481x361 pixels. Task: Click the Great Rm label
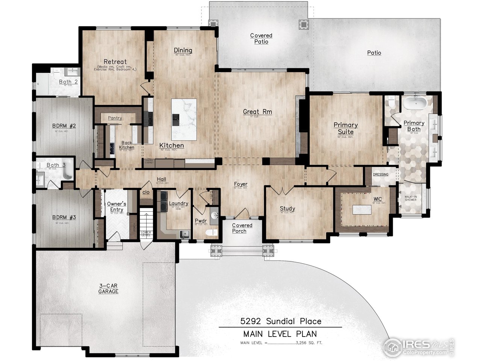point(257,112)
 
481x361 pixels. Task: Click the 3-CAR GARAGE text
point(108,289)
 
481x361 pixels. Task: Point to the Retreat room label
point(115,62)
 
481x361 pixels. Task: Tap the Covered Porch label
point(242,228)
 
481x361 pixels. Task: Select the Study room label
point(287,209)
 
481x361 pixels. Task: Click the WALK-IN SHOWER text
point(410,198)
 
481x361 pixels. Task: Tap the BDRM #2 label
point(64,126)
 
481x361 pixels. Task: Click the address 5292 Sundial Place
point(281,321)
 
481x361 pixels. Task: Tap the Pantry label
point(115,118)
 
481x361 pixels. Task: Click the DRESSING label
point(381,174)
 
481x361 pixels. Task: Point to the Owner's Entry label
point(117,206)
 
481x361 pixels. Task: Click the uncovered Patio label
point(374,53)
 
